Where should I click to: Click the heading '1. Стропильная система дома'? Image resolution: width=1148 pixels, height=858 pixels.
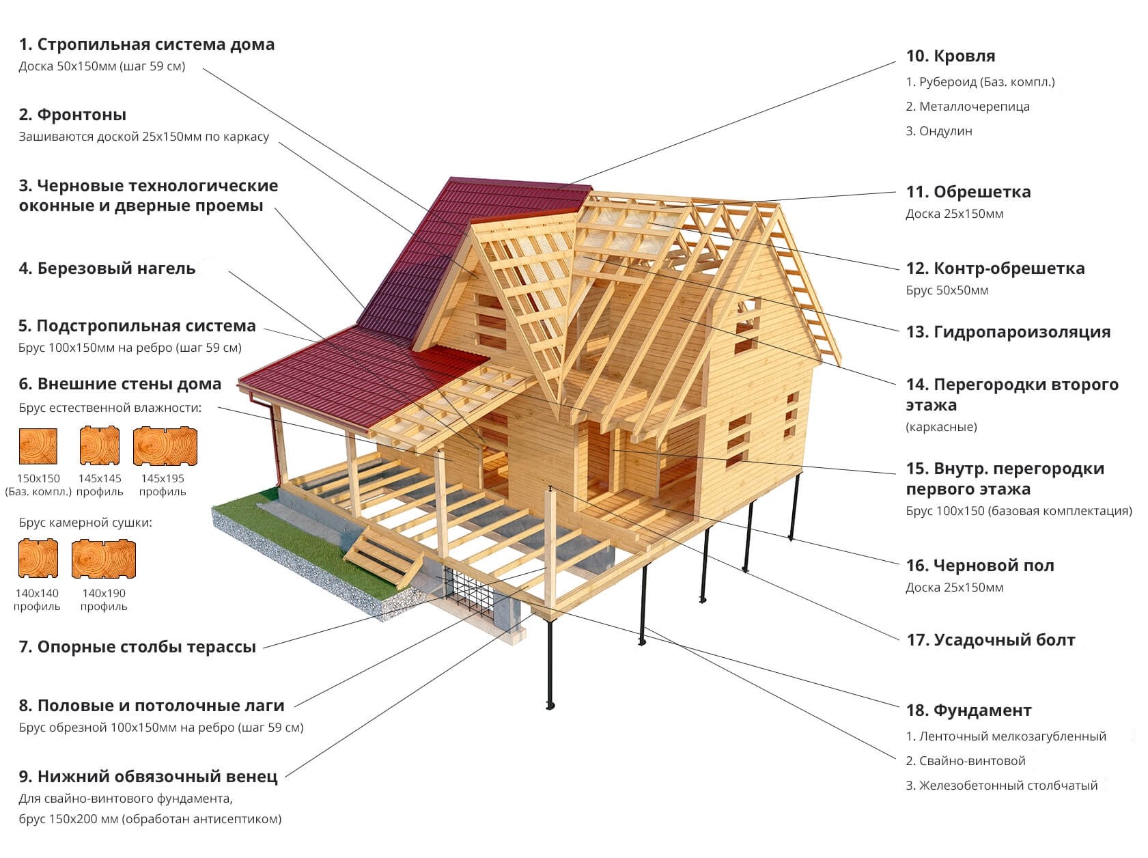tap(146, 44)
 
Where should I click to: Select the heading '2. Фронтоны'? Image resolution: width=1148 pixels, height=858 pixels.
tap(72, 115)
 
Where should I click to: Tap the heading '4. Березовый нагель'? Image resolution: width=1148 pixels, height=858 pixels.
tap(107, 268)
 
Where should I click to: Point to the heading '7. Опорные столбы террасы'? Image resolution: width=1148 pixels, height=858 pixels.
tap(137, 647)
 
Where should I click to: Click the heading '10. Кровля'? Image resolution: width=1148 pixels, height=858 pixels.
tap(950, 56)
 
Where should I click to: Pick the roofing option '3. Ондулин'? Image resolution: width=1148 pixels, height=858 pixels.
tap(938, 131)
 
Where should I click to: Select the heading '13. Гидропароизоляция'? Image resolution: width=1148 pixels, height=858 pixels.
tap(1008, 332)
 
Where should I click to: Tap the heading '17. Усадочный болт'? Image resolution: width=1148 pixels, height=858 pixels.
tap(990, 640)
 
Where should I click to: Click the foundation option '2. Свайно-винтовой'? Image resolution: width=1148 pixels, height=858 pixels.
tap(965, 761)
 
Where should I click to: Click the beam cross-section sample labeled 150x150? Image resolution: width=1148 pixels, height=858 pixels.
tap(38, 446)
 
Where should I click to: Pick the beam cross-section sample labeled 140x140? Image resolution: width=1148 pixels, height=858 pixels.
tap(38, 558)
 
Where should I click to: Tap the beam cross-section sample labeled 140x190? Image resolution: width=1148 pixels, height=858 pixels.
tap(103, 558)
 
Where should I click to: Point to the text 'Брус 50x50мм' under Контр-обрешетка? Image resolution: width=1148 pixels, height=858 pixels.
tap(947, 290)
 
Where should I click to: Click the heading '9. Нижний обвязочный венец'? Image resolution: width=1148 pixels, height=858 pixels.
tap(148, 777)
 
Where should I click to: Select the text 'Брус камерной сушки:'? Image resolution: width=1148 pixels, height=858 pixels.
tap(85, 523)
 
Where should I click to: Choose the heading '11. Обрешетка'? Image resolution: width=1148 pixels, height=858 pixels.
tap(968, 192)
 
